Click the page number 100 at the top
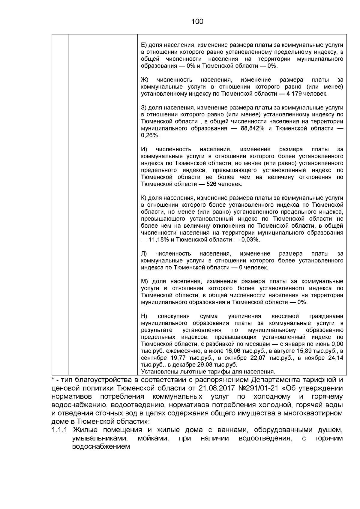click(197, 22)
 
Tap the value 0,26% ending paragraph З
click(149, 136)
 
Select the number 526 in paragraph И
click(212, 184)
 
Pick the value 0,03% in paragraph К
click(250, 240)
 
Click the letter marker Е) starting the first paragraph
click(144, 45)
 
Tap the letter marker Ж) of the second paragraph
click(145, 80)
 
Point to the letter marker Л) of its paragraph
click(144, 254)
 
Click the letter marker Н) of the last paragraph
click(144, 316)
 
